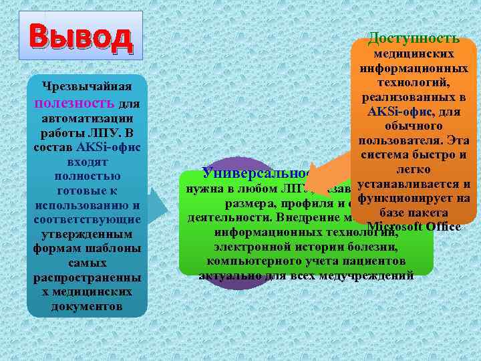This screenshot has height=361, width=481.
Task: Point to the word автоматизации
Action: pos(86,117)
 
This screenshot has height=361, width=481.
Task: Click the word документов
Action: pos(86,307)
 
